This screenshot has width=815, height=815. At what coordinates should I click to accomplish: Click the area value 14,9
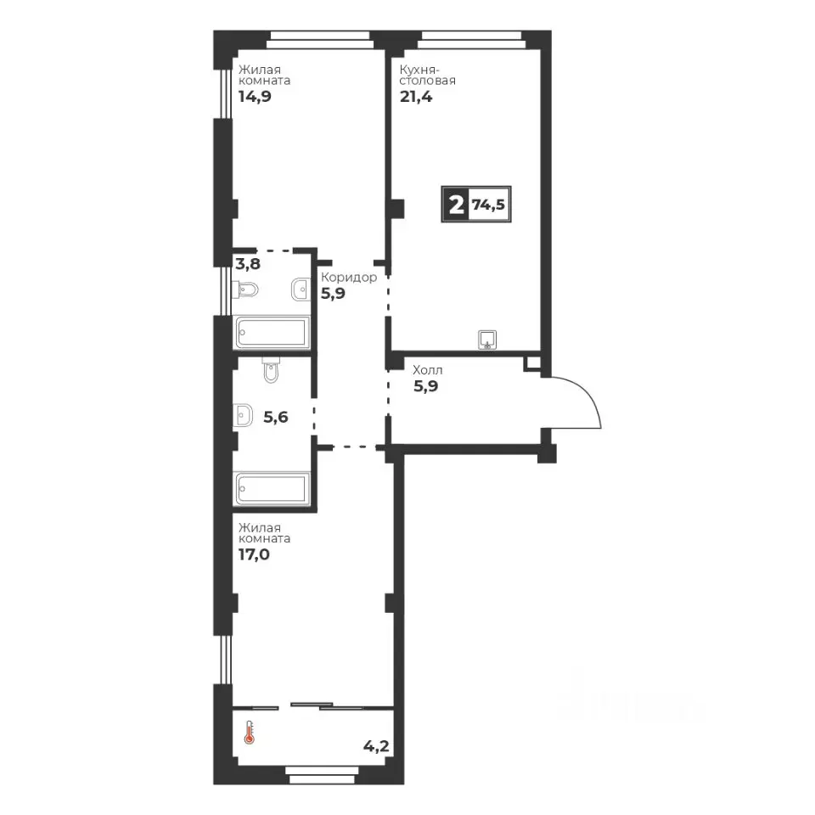255,97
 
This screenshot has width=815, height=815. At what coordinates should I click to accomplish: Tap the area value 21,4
416,97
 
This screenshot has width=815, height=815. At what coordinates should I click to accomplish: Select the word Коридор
349,277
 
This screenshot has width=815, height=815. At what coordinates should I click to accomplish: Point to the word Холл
428,370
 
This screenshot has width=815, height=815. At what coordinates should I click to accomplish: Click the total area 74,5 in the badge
489,205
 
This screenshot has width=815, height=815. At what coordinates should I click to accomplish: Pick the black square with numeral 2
455,205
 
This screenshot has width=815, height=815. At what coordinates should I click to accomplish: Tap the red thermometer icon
250,733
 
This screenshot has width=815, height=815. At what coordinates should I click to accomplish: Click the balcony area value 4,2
376,746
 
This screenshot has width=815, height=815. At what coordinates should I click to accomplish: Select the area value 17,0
254,554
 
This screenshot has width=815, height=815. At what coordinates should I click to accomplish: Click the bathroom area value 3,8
248,263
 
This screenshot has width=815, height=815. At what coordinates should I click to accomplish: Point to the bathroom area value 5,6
275,417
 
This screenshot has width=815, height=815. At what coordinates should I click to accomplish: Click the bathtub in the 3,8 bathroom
272,332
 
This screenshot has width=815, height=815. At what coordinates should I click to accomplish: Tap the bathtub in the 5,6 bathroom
272,489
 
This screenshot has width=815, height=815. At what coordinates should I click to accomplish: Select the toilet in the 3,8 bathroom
245,290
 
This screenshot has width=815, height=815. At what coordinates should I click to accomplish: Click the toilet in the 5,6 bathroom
271,369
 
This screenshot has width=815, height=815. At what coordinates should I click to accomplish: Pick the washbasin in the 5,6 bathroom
244,415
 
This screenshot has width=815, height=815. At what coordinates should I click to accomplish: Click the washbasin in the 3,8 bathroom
301,289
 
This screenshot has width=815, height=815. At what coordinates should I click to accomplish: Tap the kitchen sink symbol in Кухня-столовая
487,340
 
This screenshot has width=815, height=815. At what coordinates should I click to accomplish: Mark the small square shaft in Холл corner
532,363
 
